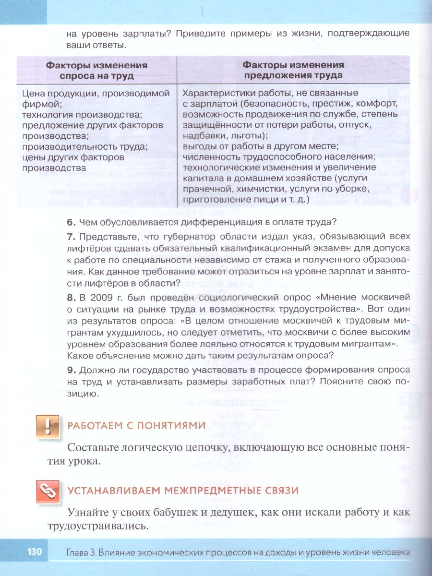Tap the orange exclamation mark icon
pos(48,426)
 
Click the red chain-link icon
pos(48,490)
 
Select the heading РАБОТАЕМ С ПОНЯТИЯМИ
pos(136,425)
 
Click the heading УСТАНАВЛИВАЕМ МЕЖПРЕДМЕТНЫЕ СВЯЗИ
pos(183,490)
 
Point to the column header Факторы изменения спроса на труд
pos(96,70)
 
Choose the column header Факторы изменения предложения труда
pos(293,70)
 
